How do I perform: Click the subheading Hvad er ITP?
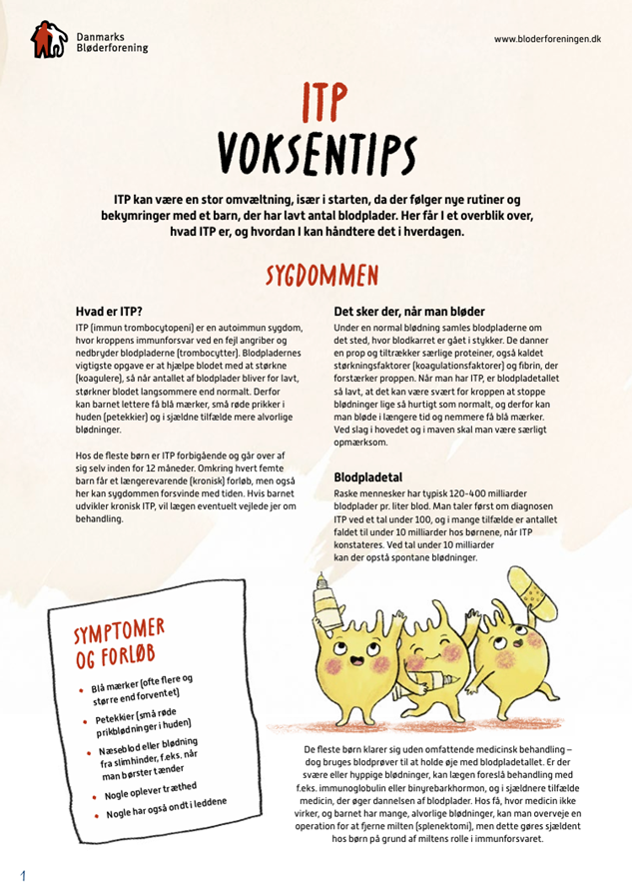coord(109,312)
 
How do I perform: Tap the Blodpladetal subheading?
coord(369,477)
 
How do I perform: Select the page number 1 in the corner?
coord(21,876)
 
